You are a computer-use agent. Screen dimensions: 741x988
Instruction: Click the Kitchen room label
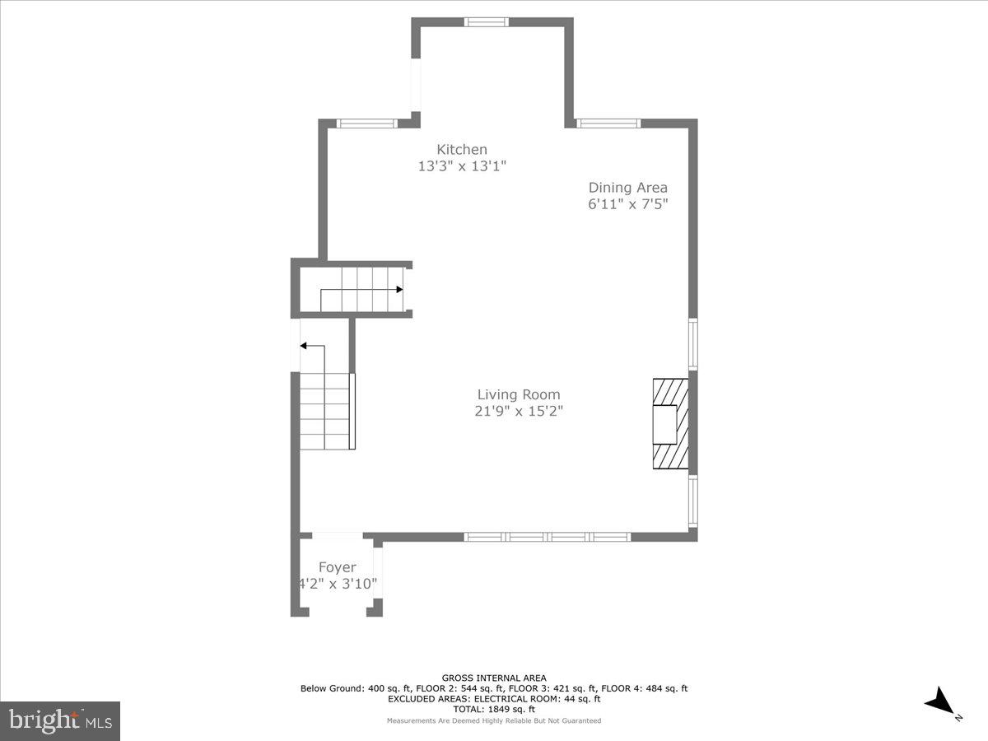click(x=461, y=149)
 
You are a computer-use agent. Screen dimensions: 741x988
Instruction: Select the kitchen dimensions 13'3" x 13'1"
click(x=461, y=165)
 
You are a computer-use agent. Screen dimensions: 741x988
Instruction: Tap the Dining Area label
click(x=627, y=188)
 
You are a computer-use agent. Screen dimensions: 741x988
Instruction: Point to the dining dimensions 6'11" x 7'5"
click(x=627, y=204)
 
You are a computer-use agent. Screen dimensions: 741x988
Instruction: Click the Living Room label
click(x=519, y=394)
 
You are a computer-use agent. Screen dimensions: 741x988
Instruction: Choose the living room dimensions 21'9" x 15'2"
click(x=519, y=411)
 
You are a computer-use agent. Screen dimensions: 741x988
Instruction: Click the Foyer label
click(x=338, y=567)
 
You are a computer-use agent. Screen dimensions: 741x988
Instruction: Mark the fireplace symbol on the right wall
click(x=669, y=424)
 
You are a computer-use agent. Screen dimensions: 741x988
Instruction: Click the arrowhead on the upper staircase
click(x=399, y=290)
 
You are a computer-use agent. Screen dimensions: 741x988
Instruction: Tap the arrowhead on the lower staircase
click(x=304, y=347)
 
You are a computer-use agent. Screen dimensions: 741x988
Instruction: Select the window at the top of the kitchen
click(x=487, y=22)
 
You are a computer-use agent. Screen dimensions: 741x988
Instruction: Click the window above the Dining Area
click(x=608, y=123)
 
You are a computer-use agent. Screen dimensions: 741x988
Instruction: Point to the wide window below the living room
click(x=548, y=537)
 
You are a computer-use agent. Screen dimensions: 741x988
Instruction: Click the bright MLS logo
click(x=60, y=720)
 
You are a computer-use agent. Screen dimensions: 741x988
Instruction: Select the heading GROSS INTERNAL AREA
click(x=493, y=678)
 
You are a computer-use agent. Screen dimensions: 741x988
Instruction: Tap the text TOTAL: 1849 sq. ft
click(x=493, y=709)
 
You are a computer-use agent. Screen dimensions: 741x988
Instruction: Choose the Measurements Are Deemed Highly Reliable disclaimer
click(x=493, y=720)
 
